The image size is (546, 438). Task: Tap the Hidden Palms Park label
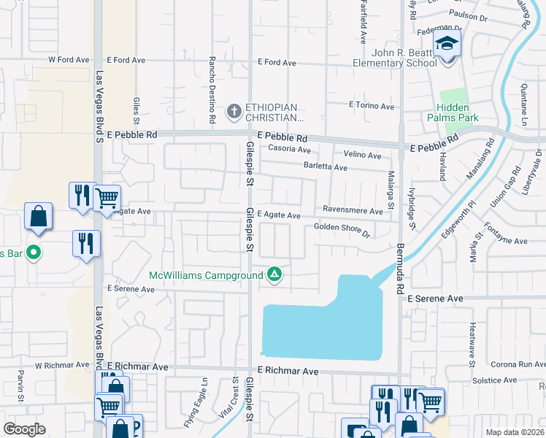coord(452,112)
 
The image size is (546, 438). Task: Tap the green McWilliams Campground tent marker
coord(274,274)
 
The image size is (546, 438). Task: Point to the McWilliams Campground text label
coord(207,275)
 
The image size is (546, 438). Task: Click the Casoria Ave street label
coord(290,148)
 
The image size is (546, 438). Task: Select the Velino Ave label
coord(363,155)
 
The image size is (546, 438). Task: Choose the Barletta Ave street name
coord(325,167)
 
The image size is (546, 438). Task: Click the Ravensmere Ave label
coord(353,211)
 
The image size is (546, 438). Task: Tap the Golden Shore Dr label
coord(342,229)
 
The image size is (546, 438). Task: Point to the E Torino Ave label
coord(371,106)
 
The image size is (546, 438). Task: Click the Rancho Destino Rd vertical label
coord(212,89)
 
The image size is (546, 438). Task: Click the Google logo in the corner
coord(24,429)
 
